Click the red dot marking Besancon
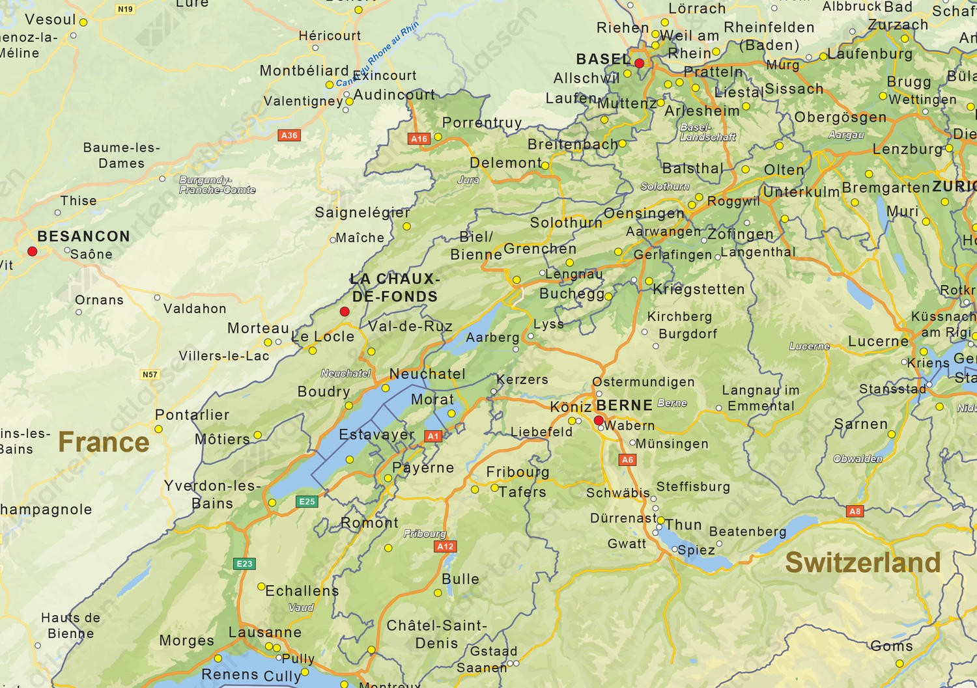click(x=32, y=251)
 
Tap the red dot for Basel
click(x=639, y=63)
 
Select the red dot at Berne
click(x=599, y=420)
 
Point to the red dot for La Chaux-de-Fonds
click(x=345, y=312)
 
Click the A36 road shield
click(x=289, y=135)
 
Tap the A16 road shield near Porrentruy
click(x=419, y=139)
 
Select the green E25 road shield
click(x=307, y=501)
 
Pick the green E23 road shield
click(x=244, y=564)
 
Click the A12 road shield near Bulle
click(x=446, y=546)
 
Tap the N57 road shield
click(x=150, y=374)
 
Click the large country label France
click(x=104, y=443)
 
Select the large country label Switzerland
click(x=863, y=562)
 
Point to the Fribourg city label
click(x=518, y=472)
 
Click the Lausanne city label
click(x=265, y=632)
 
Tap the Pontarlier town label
click(x=192, y=415)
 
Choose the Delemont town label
click(x=505, y=163)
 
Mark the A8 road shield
click(x=855, y=511)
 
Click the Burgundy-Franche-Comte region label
click(x=218, y=185)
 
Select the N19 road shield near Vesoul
click(x=125, y=9)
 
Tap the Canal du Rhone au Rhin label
click(x=378, y=53)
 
